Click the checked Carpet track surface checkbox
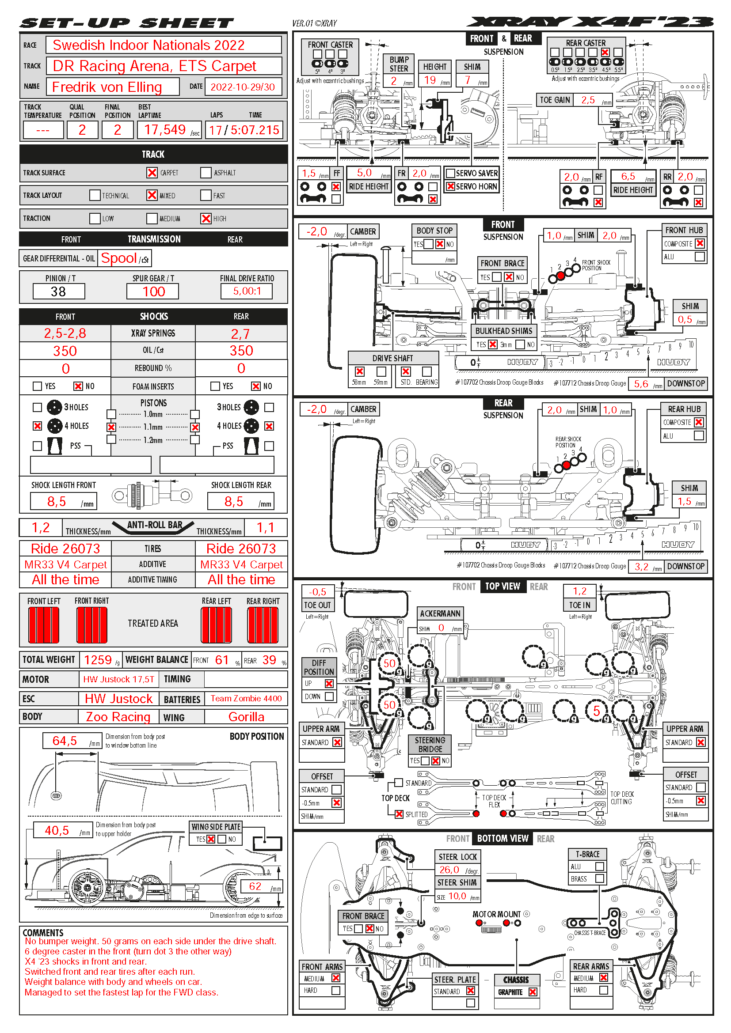152,173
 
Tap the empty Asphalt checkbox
206,173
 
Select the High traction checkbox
206,218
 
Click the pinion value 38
58,291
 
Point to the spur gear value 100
153,291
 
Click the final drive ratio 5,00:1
247,291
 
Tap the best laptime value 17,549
165,130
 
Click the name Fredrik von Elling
107,87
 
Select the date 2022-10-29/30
243,87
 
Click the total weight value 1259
98,660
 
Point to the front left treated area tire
44,625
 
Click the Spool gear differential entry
119,258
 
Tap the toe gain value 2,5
588,100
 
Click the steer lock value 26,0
449,870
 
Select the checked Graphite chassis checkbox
533,992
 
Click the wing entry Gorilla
246,717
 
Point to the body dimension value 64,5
65,741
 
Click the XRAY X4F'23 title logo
590,22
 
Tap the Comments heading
43,933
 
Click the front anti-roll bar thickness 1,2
41,528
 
